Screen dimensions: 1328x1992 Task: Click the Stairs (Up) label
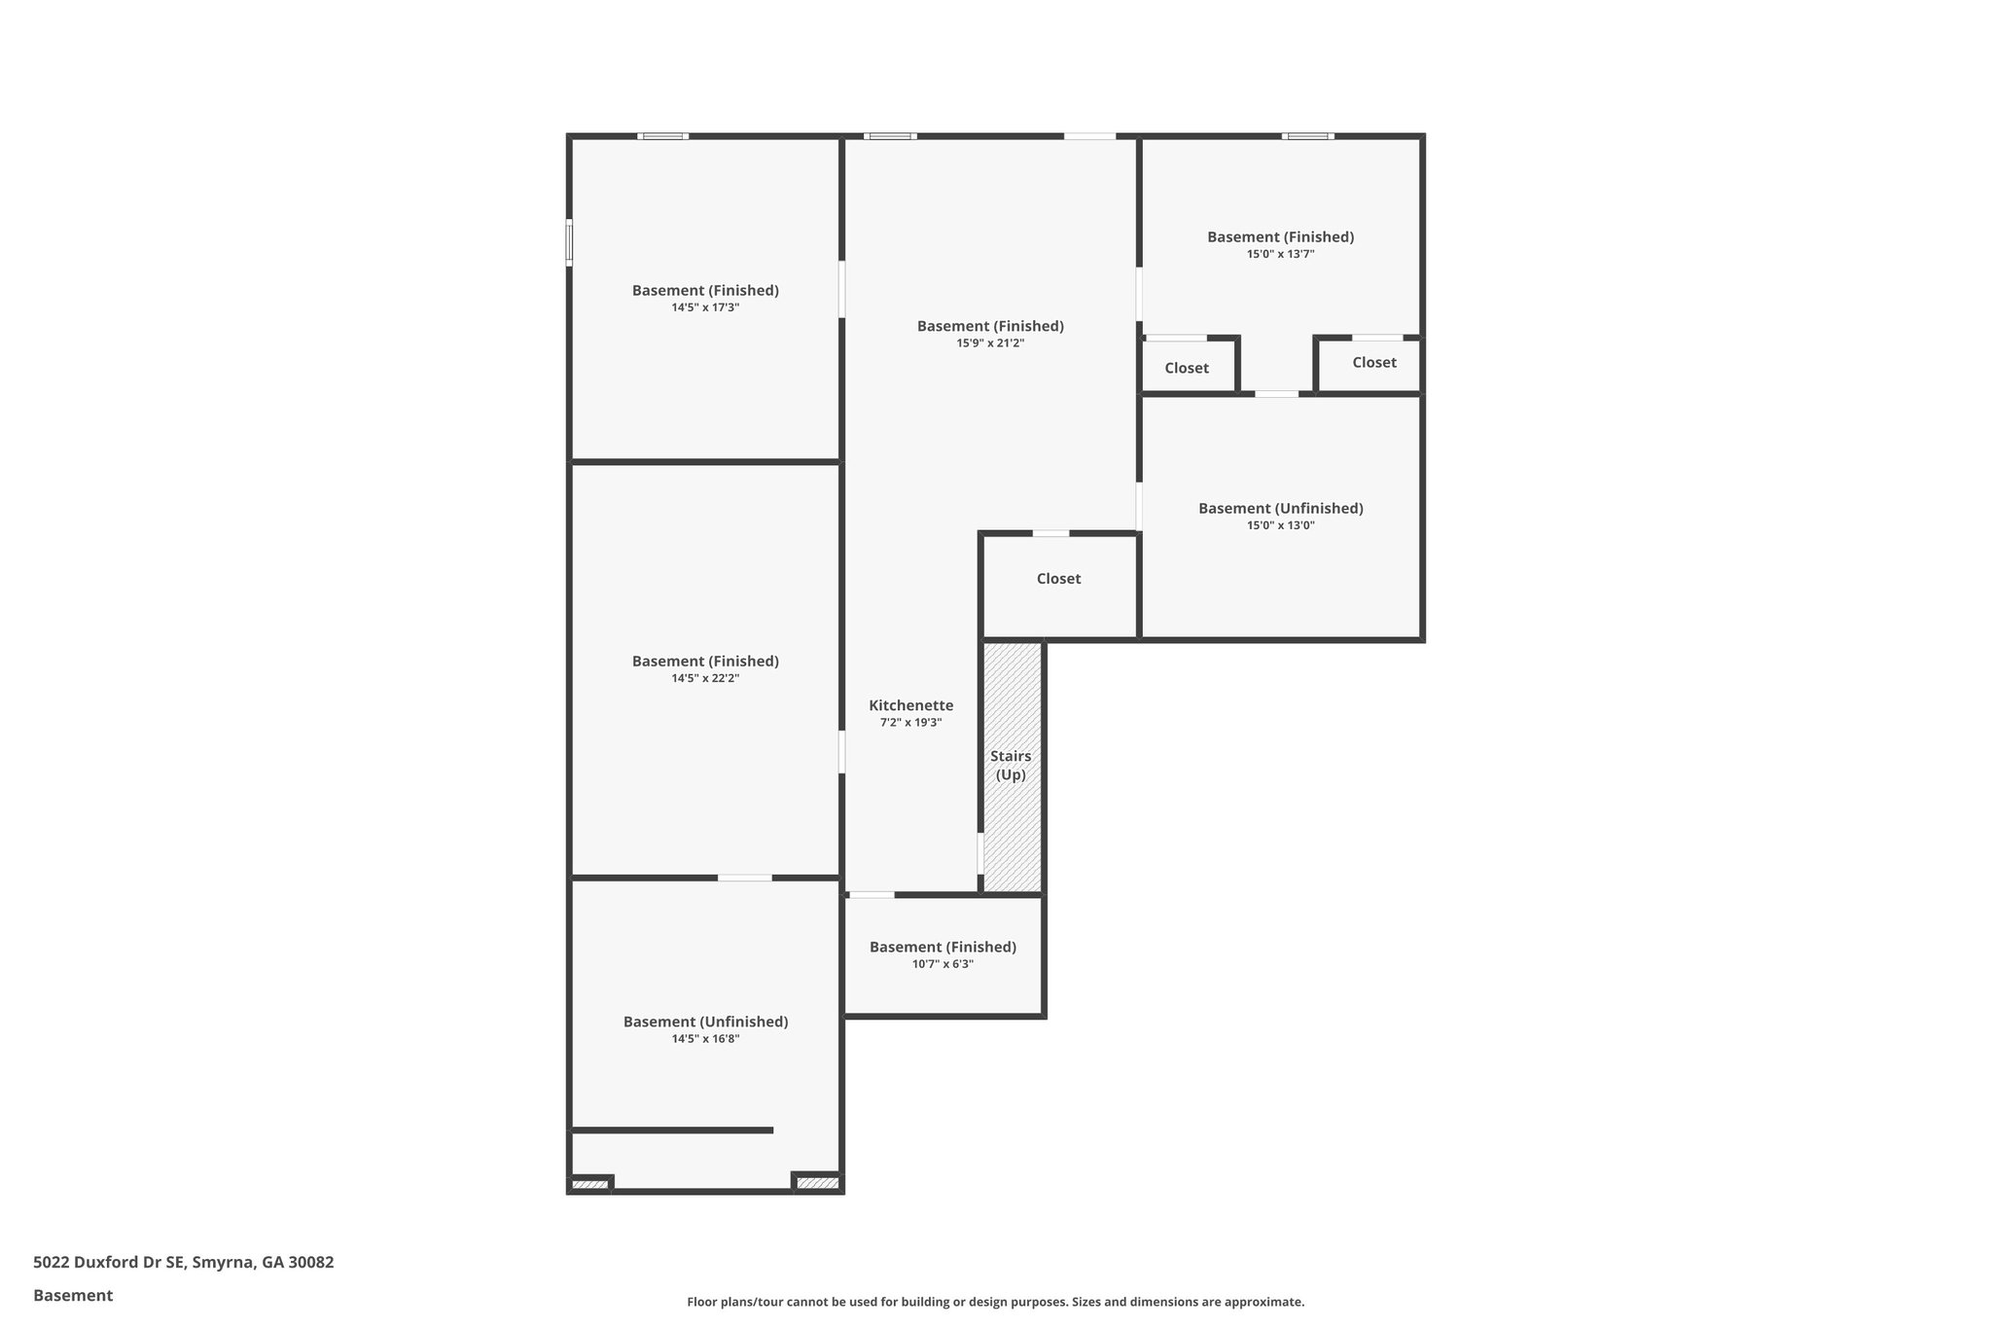coord(1011,766)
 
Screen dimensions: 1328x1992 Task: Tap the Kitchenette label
coord(910,705)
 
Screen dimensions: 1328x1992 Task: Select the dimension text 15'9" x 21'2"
coord(990,343)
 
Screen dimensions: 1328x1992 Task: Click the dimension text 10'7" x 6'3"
coord(943,964)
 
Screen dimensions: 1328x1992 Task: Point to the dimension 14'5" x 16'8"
coord(705,1039)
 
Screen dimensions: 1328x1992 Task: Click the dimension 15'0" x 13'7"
coord(1280,254)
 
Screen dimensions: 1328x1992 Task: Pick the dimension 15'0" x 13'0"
coord(1280,525)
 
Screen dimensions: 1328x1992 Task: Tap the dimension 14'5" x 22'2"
coord(705,678)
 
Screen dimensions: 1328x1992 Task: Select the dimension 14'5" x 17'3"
coord(705,307)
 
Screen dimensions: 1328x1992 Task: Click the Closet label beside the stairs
coord(1058,579)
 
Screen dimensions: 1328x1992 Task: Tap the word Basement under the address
coord(73,1296)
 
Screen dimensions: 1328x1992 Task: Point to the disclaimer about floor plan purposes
coord(995,1302)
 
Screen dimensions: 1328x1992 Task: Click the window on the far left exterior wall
coord(569,241)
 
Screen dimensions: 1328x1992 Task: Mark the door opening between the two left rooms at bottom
coord(745,879)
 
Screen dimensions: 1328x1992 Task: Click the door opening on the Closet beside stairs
coord(1050,533)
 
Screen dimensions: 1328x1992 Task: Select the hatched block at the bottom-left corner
coord(589,1184)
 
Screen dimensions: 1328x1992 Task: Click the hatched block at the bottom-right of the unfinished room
coord(817,1183)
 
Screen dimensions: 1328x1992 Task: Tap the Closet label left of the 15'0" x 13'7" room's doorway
coord(1187,368)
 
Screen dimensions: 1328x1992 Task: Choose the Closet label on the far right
coord(1373,362)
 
